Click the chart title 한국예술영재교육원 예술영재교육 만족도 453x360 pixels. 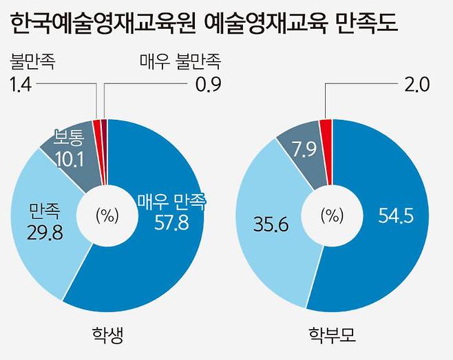(x=206, y=26)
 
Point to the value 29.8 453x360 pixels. (x=46, y=233)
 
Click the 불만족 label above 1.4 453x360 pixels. (x=32, y=63)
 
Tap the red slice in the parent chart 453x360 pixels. (x=326, y=124)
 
